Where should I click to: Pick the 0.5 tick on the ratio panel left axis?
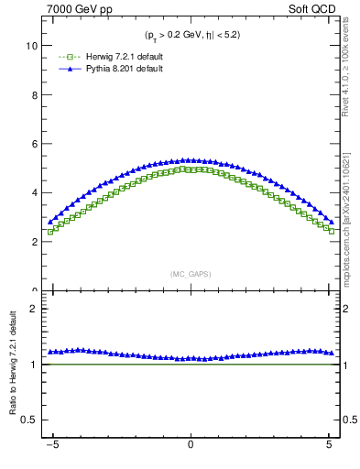(x=28, y=420)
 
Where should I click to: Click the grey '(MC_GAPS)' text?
(x=190, y=274)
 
